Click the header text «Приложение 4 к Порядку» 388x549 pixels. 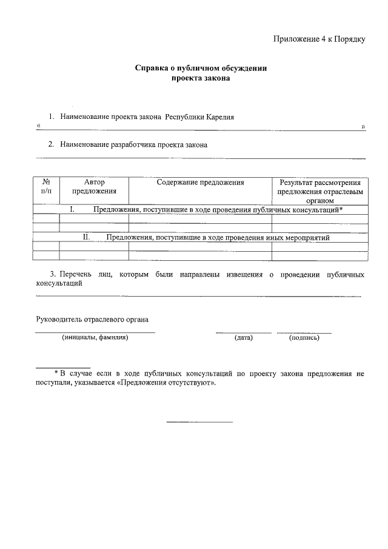coord(319,39)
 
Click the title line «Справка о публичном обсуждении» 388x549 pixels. coord(201,69)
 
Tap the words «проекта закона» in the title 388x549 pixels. coord(201,78)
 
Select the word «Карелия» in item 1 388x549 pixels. coord(219,116)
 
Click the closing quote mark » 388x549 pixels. coord(363,126)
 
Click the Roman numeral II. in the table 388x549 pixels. coord(86,238)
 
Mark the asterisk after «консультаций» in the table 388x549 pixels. coord(341,209)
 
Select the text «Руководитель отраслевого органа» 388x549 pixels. coord(92,319)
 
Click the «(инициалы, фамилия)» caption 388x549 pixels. coord(95,337)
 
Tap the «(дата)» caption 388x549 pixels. coord(243,338)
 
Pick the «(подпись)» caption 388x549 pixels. coord(304,338)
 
